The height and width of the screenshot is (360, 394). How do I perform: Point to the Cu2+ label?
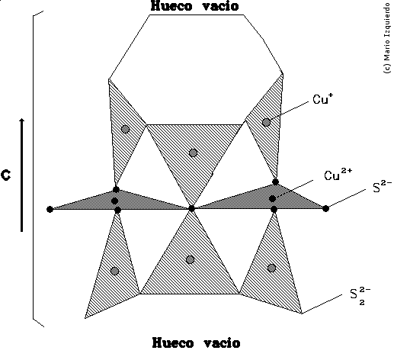(x=335, y=175)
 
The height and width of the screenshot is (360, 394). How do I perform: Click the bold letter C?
(x=6, y=175)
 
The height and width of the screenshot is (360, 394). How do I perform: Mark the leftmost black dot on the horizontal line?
(x=50, y=208)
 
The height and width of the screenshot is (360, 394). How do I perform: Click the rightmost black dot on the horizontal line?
(x=325, y=208)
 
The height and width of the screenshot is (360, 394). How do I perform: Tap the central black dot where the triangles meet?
(x=192, y=207)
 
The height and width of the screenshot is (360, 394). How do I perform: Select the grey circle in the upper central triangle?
(x=193, y=153)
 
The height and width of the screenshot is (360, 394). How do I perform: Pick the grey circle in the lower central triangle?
(x=190, y=259)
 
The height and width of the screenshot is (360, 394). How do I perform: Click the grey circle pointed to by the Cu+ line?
(x=266, y=122)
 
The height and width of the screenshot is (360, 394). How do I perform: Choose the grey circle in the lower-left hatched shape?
(x=114, y=271)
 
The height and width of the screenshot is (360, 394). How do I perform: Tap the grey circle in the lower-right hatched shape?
(x=271, y=267)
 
